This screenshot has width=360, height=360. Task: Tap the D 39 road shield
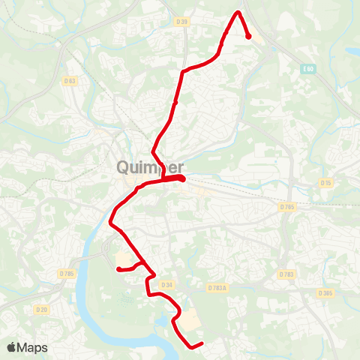coord(181,22)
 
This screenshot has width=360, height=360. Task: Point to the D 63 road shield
coord(70,80)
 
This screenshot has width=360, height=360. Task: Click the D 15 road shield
coord(325,182)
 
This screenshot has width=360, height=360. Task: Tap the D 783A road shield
coord(217,287)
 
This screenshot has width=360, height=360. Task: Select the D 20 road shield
coord(41,308)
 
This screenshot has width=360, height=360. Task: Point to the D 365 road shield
coord(325,292)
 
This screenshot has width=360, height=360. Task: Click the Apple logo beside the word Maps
coord(12,347)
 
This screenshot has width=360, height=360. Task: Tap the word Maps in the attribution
coord(33,347)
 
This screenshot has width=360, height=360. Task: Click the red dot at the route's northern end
coord(248,36)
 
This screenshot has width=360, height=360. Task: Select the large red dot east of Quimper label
coord(182,178)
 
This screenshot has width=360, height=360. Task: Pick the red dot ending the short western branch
coord(118,268)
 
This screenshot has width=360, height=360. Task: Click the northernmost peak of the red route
coord(239,13)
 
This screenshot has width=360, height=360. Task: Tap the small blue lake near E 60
coord(352,52)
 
